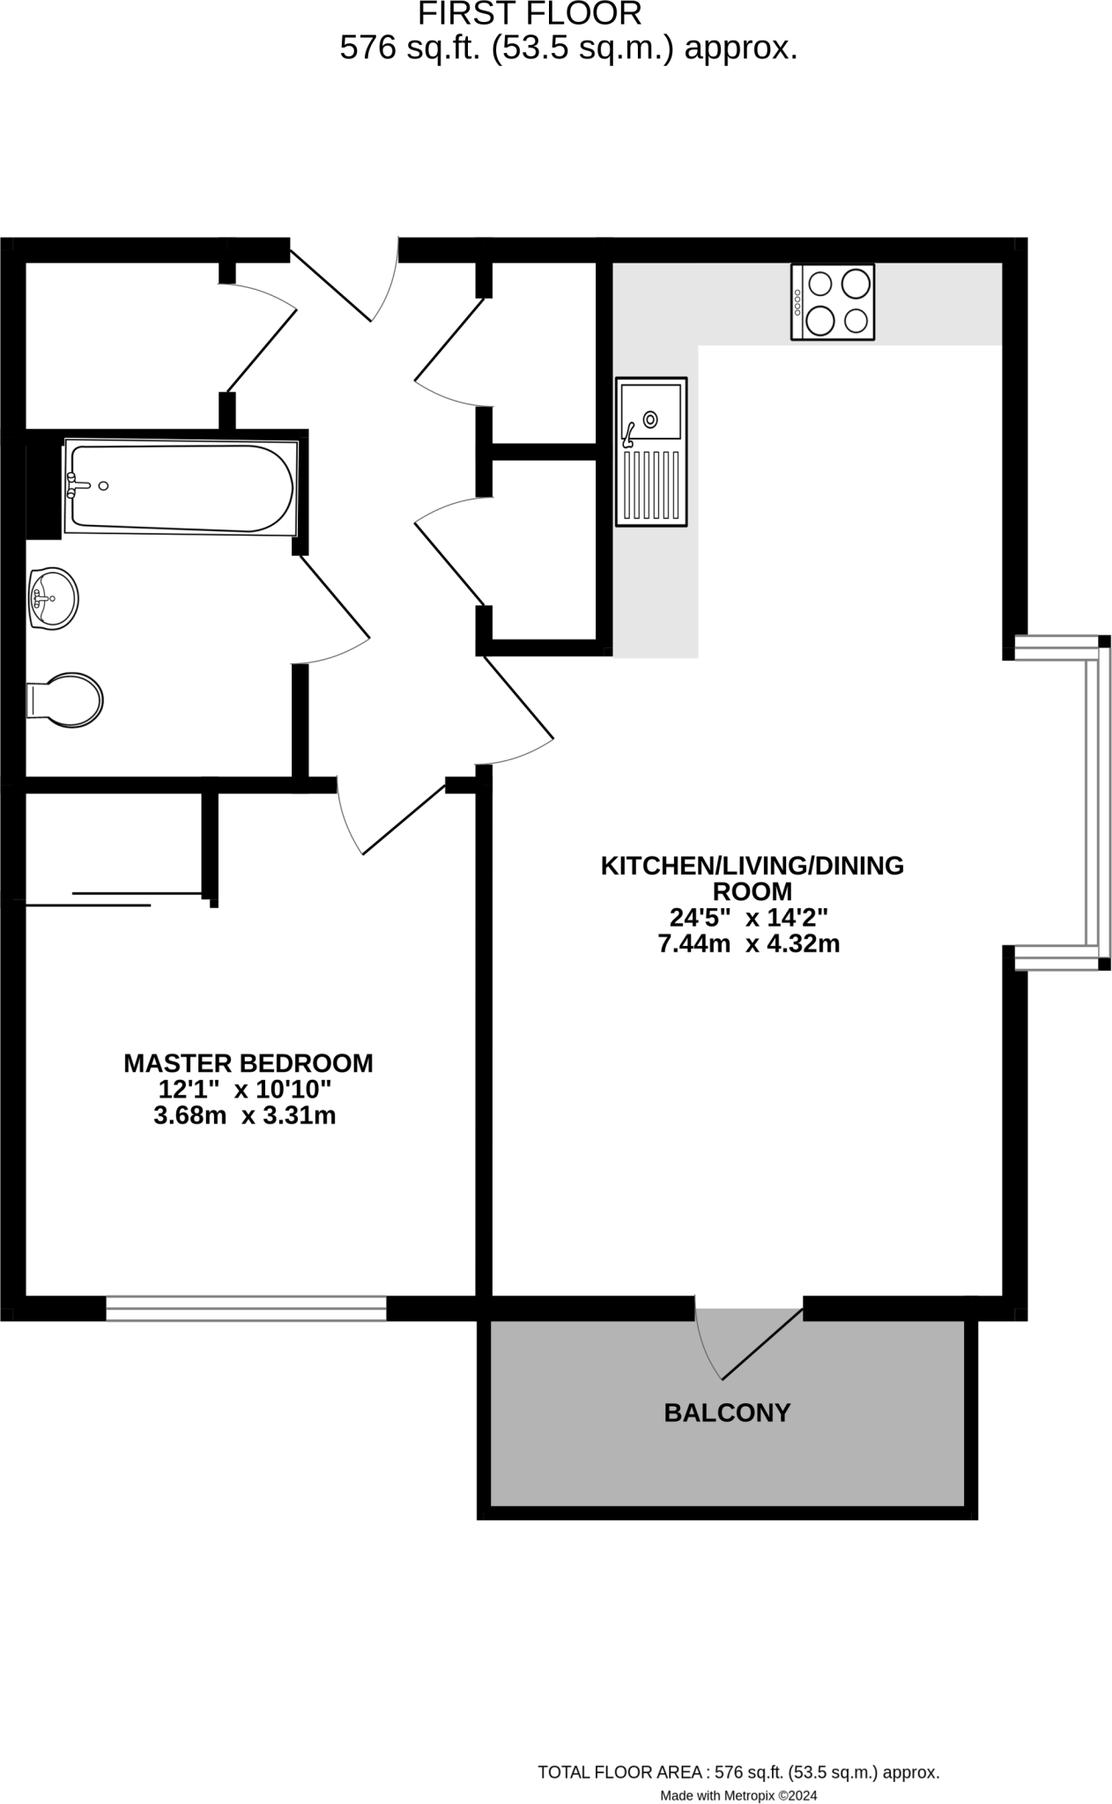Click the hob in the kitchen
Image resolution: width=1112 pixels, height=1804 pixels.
coord(833,302)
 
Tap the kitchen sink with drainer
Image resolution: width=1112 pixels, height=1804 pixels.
coord(651,452)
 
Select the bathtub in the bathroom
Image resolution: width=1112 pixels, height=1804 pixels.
coord(181,487)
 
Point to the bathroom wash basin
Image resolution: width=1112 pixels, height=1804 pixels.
coord(53,599)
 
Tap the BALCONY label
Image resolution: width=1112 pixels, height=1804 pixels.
coord(727,1413)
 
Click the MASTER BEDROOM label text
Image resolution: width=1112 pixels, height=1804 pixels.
coord(248,1063)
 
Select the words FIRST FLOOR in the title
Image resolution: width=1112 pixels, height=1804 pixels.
coord(529,14)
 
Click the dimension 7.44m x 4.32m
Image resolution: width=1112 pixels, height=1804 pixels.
coord(748,944)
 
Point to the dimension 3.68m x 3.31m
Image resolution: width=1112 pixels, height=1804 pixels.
coord(244,1116)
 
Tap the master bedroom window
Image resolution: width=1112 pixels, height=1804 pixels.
coord(246,1308)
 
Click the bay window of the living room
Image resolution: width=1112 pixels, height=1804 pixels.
coord(1093,802)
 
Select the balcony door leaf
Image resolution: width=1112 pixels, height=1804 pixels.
coord(762,1344)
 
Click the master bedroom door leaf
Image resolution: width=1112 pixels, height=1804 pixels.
coord(404,819)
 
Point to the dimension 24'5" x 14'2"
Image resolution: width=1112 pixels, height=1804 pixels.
coord(748,918)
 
